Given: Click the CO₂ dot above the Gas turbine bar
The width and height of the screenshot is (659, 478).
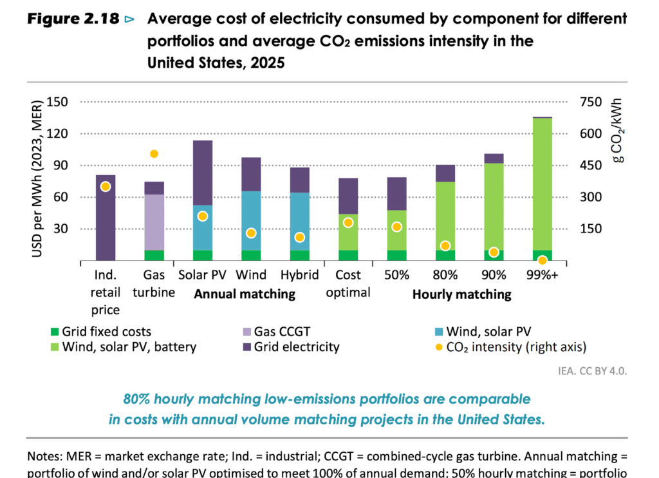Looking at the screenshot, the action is (x=154, y=154).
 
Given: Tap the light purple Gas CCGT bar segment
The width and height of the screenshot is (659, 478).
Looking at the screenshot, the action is (x=154, y=222).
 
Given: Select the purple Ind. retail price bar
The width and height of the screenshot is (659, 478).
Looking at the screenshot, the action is (x=106, y=218).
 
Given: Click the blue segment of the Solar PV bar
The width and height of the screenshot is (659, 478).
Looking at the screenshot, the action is (x=203, y=227).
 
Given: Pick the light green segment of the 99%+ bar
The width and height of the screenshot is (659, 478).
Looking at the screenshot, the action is (x=542, y=184).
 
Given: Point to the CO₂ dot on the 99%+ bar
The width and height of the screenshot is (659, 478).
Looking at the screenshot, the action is (x=542, y=260).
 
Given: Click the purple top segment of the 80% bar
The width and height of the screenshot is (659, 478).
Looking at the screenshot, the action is (x=445, y=173).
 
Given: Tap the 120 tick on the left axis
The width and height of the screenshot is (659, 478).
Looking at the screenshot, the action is (x=57, y=134).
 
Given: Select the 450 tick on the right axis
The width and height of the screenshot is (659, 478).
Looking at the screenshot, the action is (x=591, y=165).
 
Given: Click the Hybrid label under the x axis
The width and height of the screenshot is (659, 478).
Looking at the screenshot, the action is (x=300, y=275).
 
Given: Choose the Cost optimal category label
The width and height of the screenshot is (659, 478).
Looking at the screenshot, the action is (x=348, y=283).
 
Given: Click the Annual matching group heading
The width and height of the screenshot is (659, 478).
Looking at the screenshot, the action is (x=245, y=294).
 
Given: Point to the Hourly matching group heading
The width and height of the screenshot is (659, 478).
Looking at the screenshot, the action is (x=462, y=294).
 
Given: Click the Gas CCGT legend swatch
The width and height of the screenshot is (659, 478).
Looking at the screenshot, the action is (x=247, y=332).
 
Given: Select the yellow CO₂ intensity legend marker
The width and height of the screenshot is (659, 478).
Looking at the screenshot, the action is (x=439, y=347).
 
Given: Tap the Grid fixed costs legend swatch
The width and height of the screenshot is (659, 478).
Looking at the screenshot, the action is (x=55, y=332).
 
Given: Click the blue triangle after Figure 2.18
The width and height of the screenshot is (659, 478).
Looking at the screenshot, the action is (x=130, y=19).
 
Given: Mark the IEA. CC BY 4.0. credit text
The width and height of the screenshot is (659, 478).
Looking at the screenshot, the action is (x=592, y=371).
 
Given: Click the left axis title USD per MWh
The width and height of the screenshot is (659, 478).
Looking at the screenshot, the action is (x=37, y=179).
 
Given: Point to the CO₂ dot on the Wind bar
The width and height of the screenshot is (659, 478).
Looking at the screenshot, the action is (x=251, y=233).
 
